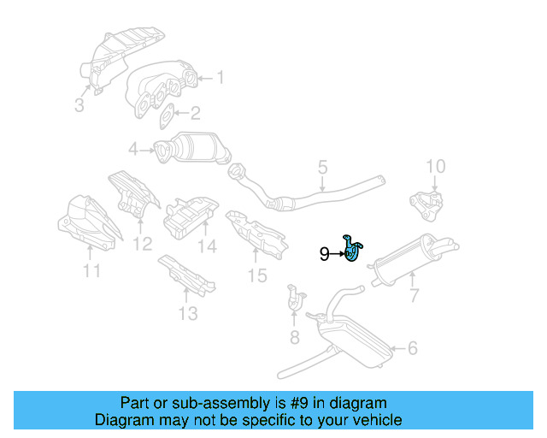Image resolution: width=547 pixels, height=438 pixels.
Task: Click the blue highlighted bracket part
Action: (352, 250)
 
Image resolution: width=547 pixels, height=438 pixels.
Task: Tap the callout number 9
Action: (324, 253)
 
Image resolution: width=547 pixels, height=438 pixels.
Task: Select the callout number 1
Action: (220, 78)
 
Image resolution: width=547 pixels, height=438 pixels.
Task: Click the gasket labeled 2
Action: (168, 113)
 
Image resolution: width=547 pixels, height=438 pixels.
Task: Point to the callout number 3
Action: (79, 106)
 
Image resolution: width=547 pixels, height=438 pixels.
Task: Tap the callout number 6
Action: (413, 348)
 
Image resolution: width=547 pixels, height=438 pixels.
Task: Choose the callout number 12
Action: (142, 244)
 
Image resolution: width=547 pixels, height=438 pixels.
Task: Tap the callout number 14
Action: (208, 247)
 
